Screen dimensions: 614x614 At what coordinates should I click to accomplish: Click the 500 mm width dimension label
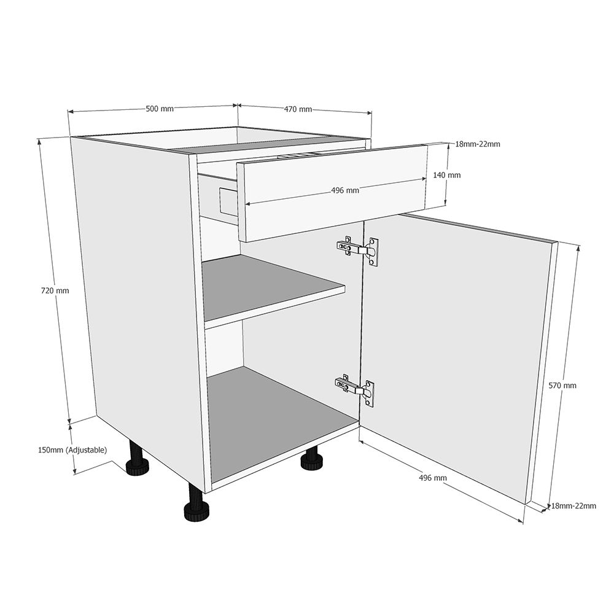click(160, 109)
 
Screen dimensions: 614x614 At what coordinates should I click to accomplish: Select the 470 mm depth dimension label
click(298, 109)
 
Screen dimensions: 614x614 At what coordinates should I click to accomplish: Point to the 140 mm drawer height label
click(446, 175)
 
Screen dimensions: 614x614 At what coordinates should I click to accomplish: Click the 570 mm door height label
click(562, 386)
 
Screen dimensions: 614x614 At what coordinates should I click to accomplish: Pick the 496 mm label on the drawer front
click(345, 190)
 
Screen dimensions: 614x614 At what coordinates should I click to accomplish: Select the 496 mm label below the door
click(433, 478)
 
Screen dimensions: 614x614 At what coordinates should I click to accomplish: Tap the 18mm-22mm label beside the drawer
click(478, 144)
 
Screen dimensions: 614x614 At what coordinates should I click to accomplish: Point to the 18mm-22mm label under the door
click(573, 506)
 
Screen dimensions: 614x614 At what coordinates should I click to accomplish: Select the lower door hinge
click(356, 389)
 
